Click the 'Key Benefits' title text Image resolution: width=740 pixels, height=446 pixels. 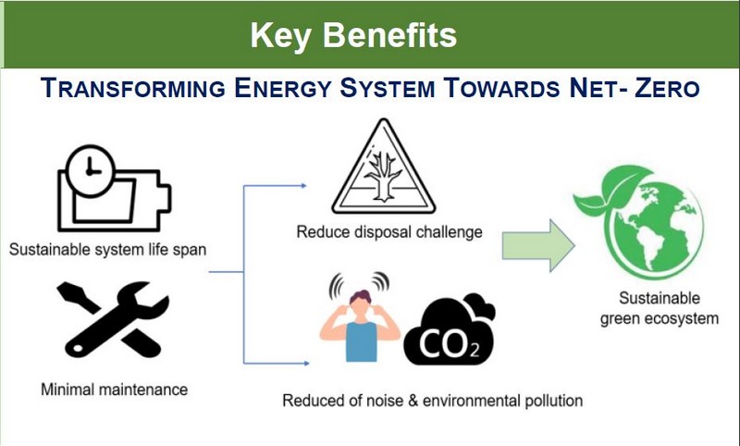pyautogui.click(x=353, y=35)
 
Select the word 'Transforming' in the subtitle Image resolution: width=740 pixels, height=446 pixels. pyautogui.click(x=133, y=88)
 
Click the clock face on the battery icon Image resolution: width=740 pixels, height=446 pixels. pyautogui.click(x=90, y=171)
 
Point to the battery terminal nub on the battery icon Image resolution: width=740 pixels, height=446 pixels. pyautogui.click(x=166, y=198)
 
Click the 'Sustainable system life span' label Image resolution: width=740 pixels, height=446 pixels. pyautogui.click(x=107, y=249)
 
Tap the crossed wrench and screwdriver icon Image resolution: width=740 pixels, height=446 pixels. pyautogui.click(x=113, y=319)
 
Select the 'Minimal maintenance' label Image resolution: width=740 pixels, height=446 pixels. pyautogui.click(x=114, y=390)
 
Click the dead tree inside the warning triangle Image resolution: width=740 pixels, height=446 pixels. pyautogui.click(x=384, y=176)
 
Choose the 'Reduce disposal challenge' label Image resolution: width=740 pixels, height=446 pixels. pyautogui.click(x=389, y=232)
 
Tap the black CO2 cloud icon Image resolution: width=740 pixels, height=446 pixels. pyautogui.click(x=450, y=330)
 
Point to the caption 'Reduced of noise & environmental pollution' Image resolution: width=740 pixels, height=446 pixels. pyautogui.click(x=432, y=401)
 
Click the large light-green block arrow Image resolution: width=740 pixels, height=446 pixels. pyautogui.click(x=538, y=245)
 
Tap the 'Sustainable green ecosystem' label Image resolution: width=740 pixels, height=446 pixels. pyautogui.click(x=660, y=308)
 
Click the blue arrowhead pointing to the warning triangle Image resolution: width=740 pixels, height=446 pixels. pyautogui.click(x=303, y=186)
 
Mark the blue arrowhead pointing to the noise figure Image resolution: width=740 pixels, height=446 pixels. pyautogui.click(x=306, y=364)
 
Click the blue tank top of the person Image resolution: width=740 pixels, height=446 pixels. pyautogui.click(x=362, y=342)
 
